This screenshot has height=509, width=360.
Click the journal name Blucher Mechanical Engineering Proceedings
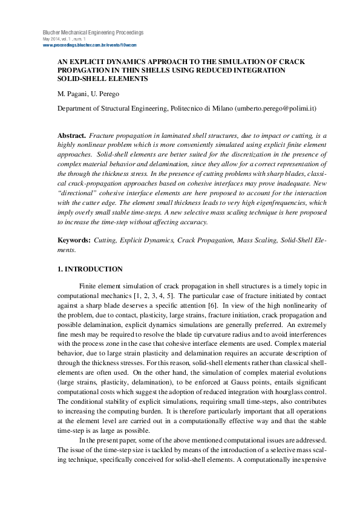93,32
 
